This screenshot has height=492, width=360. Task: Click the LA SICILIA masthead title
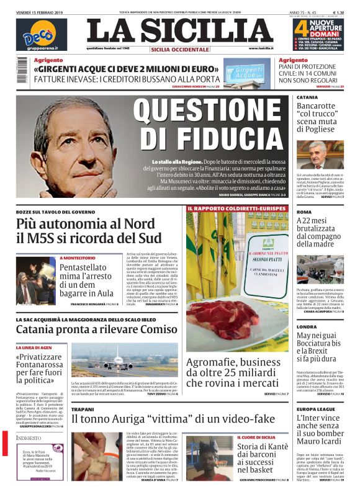(179, 31)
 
